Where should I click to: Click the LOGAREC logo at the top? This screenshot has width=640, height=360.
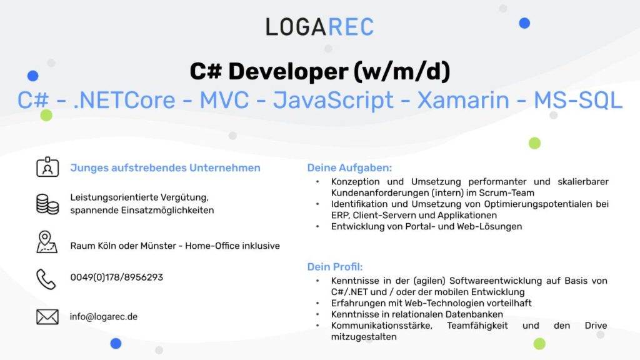click(x=319, y=27)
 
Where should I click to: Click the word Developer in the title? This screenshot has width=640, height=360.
click(x=288, y=71)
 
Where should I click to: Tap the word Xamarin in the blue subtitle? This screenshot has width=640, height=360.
click(x=463, y=101)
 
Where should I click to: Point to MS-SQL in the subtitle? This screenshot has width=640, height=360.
click(x=578, y=101)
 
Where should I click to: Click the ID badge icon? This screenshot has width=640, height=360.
click(x=47, y=166)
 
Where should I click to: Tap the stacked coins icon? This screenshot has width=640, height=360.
click(x=47, y=204)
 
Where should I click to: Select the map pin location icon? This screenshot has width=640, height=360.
click(x=46, y=242)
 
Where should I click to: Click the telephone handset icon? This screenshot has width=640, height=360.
click(x=46, y=279)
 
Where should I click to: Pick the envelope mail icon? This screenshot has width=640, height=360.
click(x=47, y=317)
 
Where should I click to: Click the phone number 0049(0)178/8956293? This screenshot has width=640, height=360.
click(x=117, y=277)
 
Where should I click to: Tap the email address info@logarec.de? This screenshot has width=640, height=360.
click(x=104, y=317)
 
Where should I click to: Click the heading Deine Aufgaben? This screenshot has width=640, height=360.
click(x=349, y=167)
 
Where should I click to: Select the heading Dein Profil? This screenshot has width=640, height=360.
click(x=335, y=267)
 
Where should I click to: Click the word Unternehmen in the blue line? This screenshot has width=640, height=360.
click(x=225, y=167)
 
